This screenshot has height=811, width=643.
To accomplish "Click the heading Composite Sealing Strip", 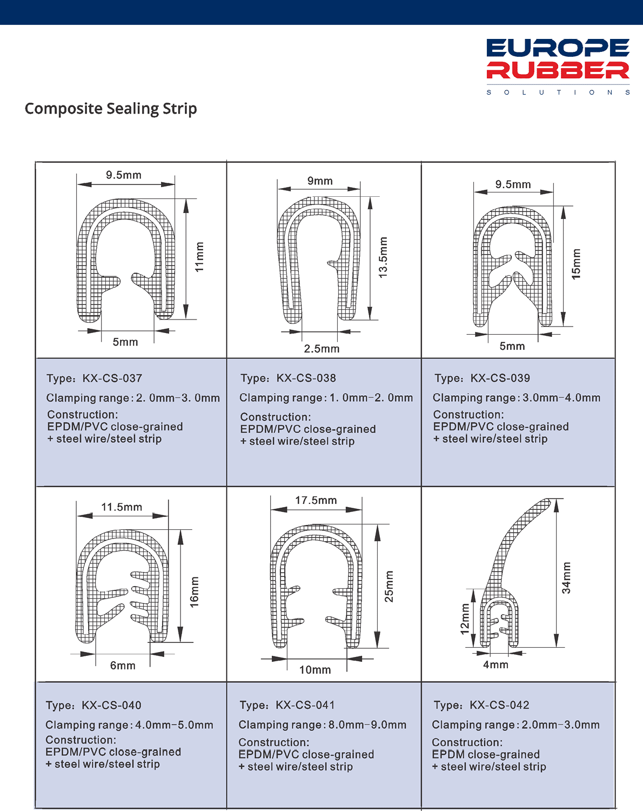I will pyautogui.click(x=111, y=109).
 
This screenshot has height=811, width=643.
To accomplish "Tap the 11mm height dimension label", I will pyautogui.click(x=199, y=257).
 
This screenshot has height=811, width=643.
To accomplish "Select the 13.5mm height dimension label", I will pyautogui.click(x=383, y=257).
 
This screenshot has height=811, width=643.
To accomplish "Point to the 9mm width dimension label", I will pyautogui.click(x=320, y=181).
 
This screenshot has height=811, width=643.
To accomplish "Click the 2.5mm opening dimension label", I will pyautogui.click(x=321, y=349).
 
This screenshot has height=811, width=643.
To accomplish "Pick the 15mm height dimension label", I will pyautogui.click(x=576, y=264).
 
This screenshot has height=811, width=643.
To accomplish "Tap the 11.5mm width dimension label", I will pyautogui.click(x=122, y=507).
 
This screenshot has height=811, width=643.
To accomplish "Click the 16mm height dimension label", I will pyautogui.click(x=195, y=592).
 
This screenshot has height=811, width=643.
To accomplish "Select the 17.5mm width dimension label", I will pyautogui.click(x=316, y=501).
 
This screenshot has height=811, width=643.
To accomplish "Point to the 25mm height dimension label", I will pyautogui.click(x=389, y=586).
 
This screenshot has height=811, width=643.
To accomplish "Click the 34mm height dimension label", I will pyautogui.click(x=566, y=578).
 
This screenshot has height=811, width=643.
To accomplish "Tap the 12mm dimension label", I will pyautogui.click(x=465, y=619).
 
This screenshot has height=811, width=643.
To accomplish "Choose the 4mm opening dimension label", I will pyautogui.click(x=495, y=664).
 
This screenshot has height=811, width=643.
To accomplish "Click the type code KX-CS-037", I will pyautogui.click(x=112, y=378).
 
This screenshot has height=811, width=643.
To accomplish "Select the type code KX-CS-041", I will pyautogui.click(x=305, y=705).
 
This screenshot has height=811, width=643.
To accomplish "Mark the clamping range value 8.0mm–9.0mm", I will pyautogui.click(x=367, y=725).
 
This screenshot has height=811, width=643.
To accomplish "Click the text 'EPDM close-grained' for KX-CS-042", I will pyautogui.click(x=486, y=754).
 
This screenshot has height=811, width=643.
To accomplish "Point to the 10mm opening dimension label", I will pyautogui.click(x=315, y=670).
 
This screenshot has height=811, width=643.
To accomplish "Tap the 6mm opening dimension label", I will pyautogui.click(x=123, y=666).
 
